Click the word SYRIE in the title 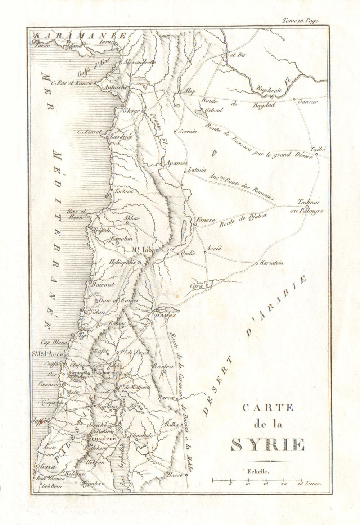267,445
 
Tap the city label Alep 189,91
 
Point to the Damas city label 165,316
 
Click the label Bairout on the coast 103,285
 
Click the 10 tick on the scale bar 248,484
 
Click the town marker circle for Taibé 316,154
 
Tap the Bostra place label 163,366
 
